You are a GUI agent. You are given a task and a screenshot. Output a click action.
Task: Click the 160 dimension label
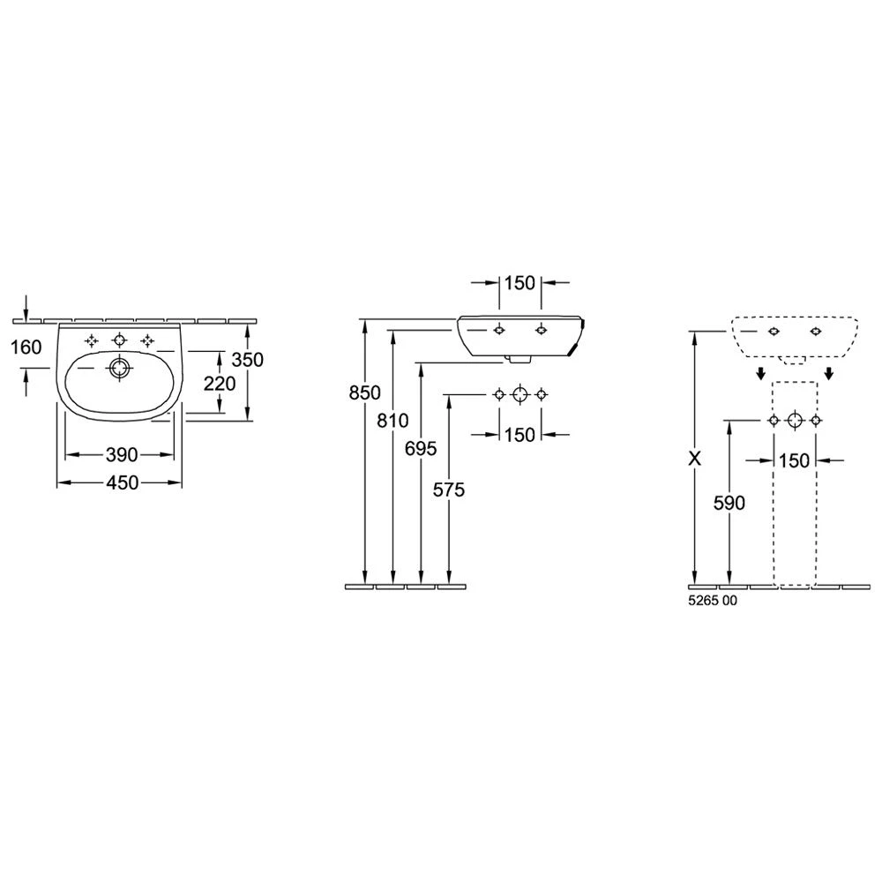coord(26,347)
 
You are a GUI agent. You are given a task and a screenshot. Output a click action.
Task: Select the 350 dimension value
coord(248,360)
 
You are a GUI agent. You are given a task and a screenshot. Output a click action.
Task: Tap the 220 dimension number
coord(220,384)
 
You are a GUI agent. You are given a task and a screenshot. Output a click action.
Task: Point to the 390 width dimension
coord(122,454)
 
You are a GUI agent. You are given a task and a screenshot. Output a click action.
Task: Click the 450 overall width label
coord(122,482)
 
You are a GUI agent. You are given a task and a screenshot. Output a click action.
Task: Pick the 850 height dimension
coord(364,392)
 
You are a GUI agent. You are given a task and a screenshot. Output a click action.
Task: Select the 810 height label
coord(392,420)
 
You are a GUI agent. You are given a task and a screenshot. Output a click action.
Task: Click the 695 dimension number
coord(421,448)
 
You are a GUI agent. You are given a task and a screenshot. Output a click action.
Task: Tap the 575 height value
coord(449,490)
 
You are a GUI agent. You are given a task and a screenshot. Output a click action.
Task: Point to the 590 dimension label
coord(729,503)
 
